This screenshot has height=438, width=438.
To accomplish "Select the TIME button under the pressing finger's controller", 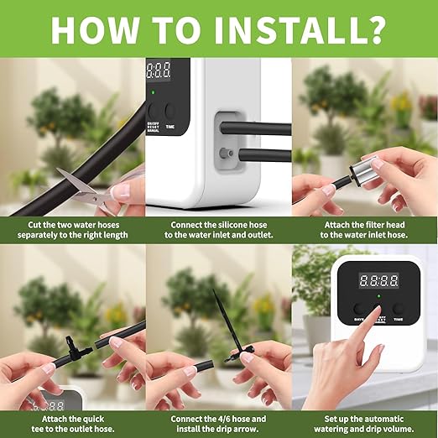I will click(398, 309).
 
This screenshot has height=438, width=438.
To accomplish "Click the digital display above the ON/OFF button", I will click(159, 70).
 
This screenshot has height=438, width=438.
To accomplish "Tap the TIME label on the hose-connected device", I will click(170, 127).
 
